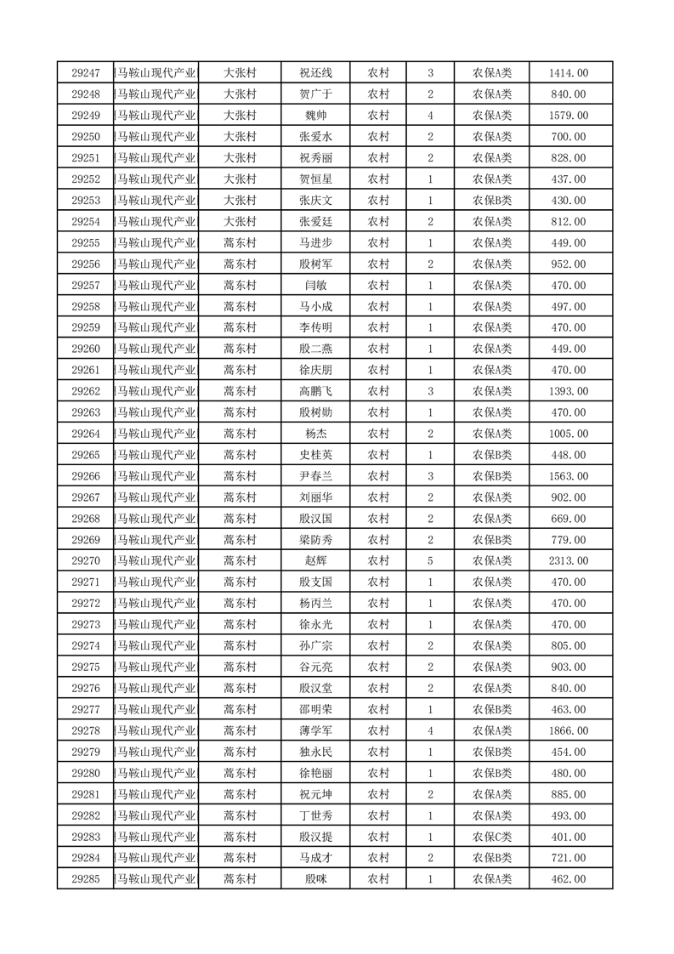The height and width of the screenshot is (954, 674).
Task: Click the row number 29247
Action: [x=86, y=73]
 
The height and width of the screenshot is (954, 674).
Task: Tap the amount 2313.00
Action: [x=569, y=561]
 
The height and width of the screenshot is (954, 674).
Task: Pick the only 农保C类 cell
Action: [x=492, y=837]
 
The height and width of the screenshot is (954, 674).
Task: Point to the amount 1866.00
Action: [x=569, y=730]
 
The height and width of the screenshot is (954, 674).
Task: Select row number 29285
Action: [x=86, y=879]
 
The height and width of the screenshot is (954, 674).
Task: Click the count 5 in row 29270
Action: [x=431, y=561]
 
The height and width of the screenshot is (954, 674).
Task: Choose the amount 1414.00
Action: [x=569, y=73]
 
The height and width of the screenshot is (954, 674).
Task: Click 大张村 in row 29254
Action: [x=240, y=222]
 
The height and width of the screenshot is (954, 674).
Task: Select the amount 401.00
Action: [x=569, y=837]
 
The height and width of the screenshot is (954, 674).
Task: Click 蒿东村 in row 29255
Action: [x=240, y=243]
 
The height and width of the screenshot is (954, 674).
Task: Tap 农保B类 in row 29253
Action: [x=492, y=201]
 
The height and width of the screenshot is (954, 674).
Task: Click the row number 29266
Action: [x=86, y=476]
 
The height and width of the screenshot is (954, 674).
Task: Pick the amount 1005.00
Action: [x=569, y=434]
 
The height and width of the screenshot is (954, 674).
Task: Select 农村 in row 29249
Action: [x=378, y=116]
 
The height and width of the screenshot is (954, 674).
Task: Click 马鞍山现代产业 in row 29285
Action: [x=157, y=879]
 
